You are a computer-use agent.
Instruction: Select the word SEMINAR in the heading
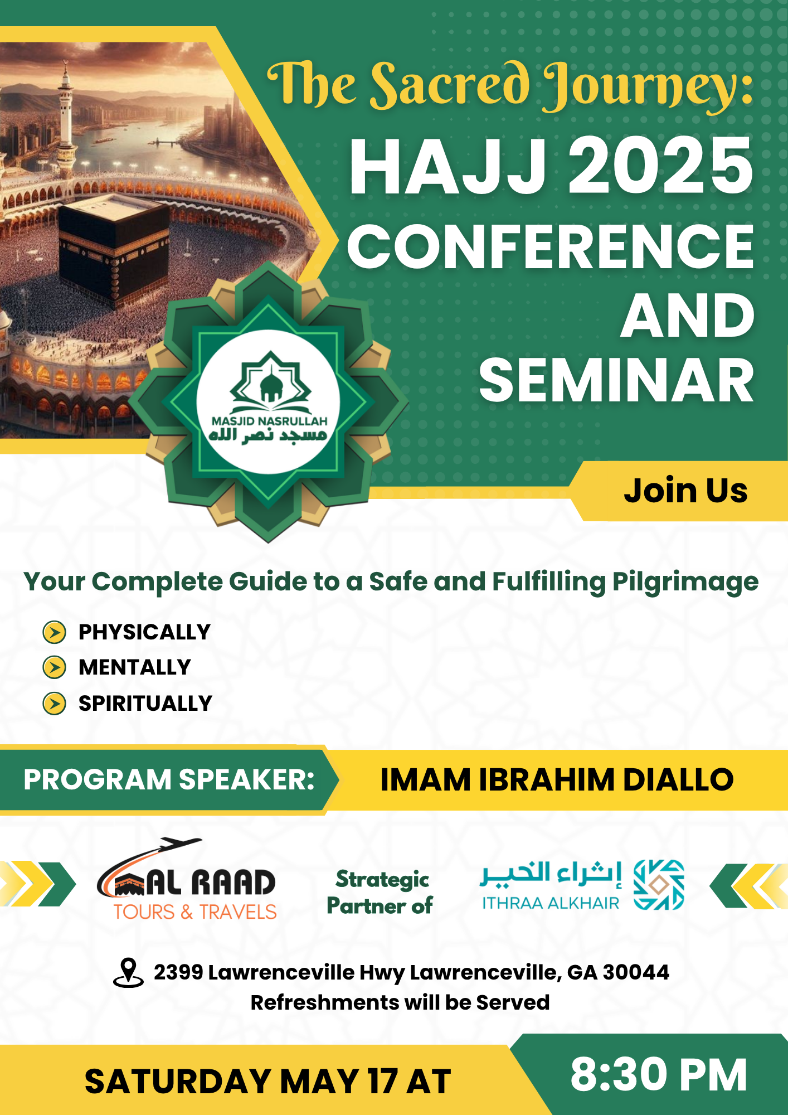tap(616, 380)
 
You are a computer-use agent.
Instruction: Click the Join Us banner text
tap(685, 491)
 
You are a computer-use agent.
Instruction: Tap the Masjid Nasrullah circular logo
tap(269, 402)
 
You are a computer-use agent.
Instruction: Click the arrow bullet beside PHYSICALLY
tap(55, 632)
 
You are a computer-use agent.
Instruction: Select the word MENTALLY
tap(135, 667)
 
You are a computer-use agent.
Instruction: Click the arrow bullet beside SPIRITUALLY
tap(55, 704)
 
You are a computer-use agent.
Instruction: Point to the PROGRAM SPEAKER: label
tap(169, 779)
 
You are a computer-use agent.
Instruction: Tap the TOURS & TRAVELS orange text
tap(195, 912)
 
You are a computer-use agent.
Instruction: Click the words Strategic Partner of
tap(380, 893)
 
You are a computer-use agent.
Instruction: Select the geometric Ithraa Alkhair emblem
tap(659, 885)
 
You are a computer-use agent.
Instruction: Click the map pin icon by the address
tap(128, 973)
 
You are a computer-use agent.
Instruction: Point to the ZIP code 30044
tap(636, 972)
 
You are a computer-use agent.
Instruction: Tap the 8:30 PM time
tap(659, 1074)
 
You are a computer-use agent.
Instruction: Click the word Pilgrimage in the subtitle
tap(685, 583)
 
